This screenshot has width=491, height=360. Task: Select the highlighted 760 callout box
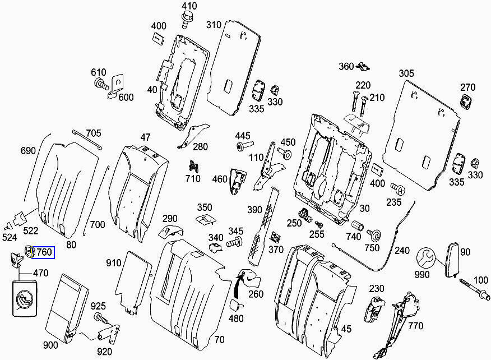(43, 253)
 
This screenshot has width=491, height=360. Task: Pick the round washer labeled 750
(374, 233)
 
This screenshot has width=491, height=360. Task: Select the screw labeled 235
(397, 188)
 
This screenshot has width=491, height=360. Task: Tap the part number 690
(28, 150)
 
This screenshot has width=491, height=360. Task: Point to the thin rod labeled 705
(86, 139)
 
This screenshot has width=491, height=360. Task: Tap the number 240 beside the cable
(402, 251)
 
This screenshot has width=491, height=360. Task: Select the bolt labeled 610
(100, 85)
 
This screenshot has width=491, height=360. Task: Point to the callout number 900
(50, 344)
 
